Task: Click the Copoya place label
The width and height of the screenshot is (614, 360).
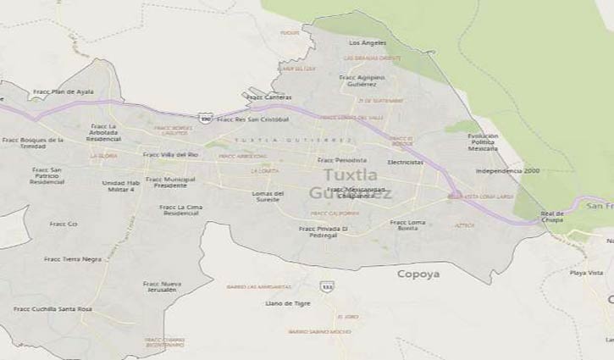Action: point(418,274)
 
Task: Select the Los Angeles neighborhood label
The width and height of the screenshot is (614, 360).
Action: point(368,42)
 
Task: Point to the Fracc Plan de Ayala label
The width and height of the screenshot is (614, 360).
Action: point(63,91)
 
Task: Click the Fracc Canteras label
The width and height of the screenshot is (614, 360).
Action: point(268,97)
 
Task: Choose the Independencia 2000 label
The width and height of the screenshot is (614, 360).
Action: point(506,170)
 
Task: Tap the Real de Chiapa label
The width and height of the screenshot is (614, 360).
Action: point(552,216)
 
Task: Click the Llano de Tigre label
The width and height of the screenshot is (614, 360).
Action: point(288,302)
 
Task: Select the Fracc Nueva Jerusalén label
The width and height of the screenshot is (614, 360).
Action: point(162,286)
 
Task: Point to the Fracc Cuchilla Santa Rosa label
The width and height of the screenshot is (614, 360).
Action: point(53,309)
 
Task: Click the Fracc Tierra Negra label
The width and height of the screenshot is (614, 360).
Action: point(73,259)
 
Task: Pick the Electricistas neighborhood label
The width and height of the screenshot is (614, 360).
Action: point(405,161)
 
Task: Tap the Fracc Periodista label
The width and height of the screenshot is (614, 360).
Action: point(342,159)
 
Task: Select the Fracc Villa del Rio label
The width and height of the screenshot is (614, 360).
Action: point(170,154)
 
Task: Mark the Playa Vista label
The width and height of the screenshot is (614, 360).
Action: point(586,273)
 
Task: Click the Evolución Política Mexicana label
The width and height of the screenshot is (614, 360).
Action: point(483,141)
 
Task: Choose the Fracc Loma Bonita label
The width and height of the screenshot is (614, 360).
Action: point(408,225)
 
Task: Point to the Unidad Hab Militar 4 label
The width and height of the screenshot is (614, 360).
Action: point(119,186)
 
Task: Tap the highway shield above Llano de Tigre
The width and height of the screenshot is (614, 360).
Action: point(327,286)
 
